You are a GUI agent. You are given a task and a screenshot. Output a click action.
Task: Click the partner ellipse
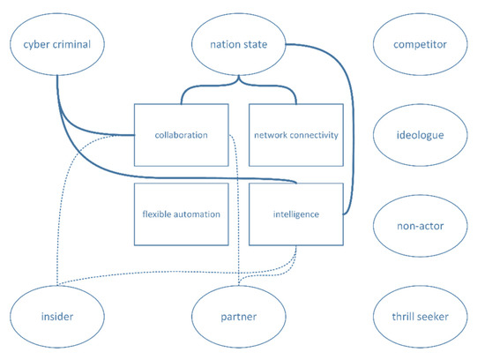pos(237,315)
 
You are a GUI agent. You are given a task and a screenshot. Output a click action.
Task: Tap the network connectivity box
pos(295,134)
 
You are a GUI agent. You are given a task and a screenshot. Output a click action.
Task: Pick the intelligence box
pos(295,214)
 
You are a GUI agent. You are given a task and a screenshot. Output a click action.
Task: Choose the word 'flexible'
pos(157,214)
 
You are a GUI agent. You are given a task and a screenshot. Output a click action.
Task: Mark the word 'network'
pos(270,135)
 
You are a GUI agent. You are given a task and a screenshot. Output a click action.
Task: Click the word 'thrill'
pos(401,315)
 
